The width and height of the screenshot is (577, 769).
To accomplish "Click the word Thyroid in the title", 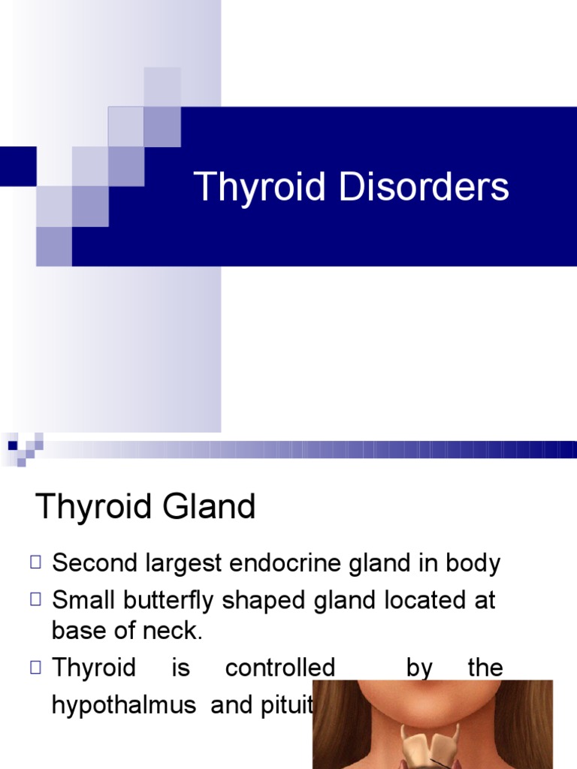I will click(x=261, y=187).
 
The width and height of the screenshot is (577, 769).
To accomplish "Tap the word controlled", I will click(x=280, y=668).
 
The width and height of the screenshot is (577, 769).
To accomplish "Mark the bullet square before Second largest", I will click(x=36, y=562).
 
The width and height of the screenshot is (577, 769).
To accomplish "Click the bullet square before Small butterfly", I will click(x=36, y=599).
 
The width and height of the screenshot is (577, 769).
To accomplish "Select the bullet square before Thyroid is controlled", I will click(x=36, y=666).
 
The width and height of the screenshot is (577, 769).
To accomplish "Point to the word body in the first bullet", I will click(x=473, y=563).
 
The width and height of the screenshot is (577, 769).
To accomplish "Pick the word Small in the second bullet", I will click(x=81, y=601).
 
